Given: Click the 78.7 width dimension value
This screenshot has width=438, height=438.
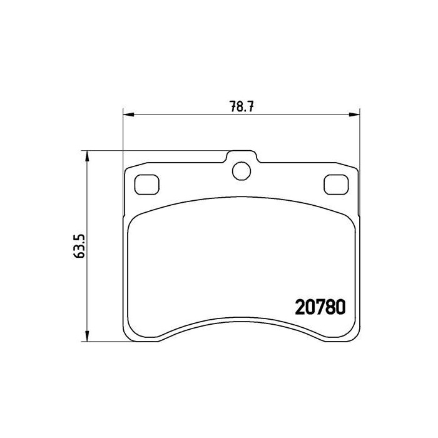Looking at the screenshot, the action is coord(242,106).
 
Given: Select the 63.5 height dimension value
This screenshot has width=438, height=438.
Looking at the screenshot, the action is coord(79,246).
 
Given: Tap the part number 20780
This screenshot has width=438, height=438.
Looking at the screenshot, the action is coord(320,307).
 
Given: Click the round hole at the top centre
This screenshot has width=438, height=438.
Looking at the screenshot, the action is coord(242,171).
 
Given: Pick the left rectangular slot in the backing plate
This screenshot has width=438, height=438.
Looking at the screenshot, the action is coord(147,185).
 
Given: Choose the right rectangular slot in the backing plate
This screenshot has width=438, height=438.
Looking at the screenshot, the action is coord(337,185).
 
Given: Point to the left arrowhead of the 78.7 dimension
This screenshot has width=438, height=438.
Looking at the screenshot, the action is coord(129,115).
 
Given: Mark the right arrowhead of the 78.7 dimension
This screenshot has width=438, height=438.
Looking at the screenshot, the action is coord(354,115).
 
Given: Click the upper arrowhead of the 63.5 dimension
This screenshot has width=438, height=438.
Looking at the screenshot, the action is coord(88,156).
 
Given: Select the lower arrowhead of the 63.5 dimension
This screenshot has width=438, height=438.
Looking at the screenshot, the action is coord(88,336).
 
